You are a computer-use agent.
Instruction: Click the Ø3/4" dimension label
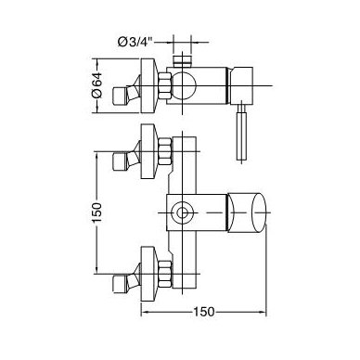click(135, 42)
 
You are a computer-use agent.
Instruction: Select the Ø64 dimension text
click(96, 85)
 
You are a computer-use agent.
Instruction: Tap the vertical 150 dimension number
click(96, 212)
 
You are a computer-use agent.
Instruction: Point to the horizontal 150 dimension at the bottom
click(203, 312)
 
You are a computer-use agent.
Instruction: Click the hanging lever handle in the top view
click(241, 132)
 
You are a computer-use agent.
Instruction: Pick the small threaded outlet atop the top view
click(182, 61)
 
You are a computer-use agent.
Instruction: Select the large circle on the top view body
click(184, 85)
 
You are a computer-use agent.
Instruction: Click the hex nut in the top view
click(164, 85)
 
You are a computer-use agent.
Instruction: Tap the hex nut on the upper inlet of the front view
click(164, 151)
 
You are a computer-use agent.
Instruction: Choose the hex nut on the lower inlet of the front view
click(164, 274)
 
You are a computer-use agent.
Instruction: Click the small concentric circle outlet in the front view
click(182, 213)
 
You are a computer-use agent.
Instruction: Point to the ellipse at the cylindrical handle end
click(259, 212)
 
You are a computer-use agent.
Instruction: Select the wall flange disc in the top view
click(149, 85)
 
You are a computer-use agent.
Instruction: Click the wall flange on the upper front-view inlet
click(149, 151)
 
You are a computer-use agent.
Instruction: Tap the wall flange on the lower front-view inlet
click(149, 274)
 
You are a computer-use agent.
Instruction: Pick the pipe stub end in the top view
click(120, 96)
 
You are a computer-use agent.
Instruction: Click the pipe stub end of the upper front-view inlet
click(120, 161)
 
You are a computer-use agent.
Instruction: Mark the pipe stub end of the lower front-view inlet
click(120, 284)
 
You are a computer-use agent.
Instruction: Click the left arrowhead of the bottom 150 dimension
click(144, 312)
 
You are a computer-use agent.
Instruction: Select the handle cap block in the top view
click(242, 85)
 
